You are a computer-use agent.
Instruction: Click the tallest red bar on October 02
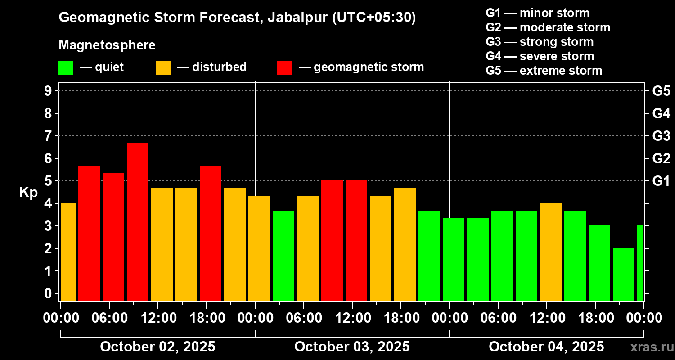tap(138, 221)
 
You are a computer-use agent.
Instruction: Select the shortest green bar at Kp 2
tap(624, 274)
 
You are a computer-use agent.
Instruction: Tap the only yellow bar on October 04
tap(551, 252)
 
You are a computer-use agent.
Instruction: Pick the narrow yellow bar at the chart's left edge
tap(68, 252)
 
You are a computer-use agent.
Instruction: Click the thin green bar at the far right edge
tap(640, 263)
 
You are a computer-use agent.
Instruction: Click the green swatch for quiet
tap(66, 68)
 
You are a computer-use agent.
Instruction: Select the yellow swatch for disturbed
tap(163, 68)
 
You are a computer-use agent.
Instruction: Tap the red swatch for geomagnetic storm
tap(284, 68)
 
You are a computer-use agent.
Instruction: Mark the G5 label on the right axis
tap(661, 91)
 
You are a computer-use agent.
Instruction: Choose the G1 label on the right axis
tap(661, 181)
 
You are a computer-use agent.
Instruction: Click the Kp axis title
tap(28, 193)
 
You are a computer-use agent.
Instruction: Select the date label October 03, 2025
tap(352, 347)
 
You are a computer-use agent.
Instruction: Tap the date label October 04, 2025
tap(546, 347)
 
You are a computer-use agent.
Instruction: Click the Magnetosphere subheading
tap(107, 45)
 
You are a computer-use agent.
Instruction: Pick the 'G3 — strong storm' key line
tap(540, 42)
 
